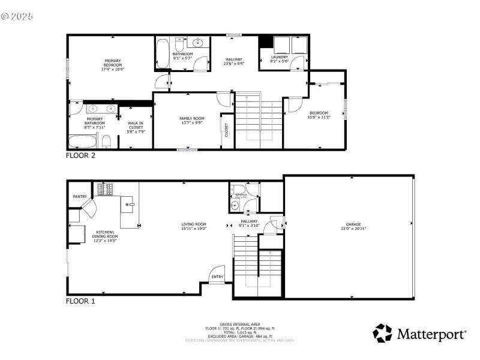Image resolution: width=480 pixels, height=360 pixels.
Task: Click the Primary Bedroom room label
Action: point(113,65)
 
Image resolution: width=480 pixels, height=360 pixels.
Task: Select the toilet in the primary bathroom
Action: point(106,142)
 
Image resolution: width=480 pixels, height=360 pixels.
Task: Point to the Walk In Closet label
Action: point(136,127)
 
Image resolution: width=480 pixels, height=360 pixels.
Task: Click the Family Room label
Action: point(192,121)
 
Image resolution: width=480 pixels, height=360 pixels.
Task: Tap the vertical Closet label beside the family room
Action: point(227,130)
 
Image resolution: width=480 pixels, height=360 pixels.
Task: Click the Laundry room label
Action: point(280,59)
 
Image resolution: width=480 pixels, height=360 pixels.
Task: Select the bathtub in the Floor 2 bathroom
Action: point(163,54)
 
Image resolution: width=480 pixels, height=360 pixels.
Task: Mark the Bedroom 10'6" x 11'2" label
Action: point(319,115)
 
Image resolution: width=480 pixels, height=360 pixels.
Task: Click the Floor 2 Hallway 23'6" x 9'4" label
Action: point(233,61)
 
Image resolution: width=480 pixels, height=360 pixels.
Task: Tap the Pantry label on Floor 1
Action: point(80,196)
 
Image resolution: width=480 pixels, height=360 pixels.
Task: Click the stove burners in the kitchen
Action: point(106,189)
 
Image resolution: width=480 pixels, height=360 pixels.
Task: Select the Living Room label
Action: point(194,226)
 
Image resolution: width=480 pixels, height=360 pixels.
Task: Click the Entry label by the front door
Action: point(217,277)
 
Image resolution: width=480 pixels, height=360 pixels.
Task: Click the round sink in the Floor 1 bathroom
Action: point(235,205)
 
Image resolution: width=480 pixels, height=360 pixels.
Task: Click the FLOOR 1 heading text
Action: point(80,301)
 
